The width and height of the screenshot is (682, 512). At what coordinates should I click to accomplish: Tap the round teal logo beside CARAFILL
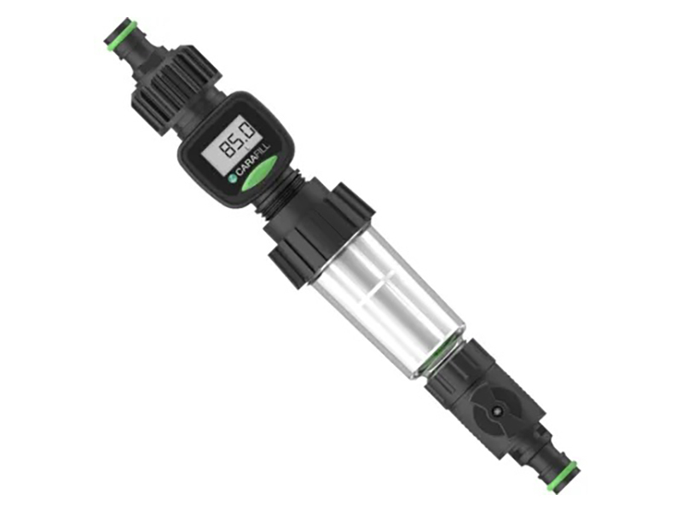pyautogui.click(x=232, y=178)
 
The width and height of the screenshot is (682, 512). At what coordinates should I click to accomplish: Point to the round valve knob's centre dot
pyautogui.click(x=496, y=410)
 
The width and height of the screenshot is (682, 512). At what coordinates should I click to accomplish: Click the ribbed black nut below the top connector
pyautogui.click(x=177, y=90)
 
